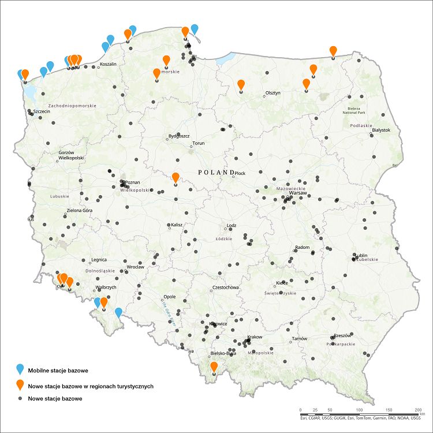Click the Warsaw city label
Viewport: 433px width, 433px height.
tap(297, 193)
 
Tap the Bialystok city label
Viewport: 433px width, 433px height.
tap(382, 130)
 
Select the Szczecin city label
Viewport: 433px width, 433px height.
tap(43, 111)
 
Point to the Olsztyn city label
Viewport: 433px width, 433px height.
tap(273, 92)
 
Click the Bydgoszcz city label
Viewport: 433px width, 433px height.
tap(179, 136)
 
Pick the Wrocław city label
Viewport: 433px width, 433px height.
tap(135, 267)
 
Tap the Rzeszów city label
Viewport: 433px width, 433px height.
tap(342, 335)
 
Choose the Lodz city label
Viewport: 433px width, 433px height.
tap(232, 225)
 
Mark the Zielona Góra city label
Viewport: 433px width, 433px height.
tap(80, 210)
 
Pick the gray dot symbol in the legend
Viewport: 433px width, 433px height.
tap(20, 399)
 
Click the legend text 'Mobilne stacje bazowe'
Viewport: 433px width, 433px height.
tap(58, 370)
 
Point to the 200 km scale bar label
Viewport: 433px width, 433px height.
tap(417, 409)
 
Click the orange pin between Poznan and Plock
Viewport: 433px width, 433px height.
tap(176, 178)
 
